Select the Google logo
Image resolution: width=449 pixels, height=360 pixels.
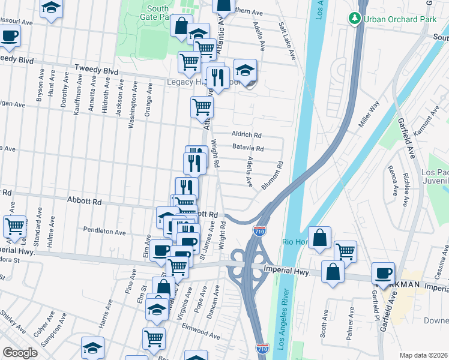20,353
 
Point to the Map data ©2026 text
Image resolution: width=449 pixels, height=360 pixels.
423,355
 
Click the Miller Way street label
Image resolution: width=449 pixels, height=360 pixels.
369,115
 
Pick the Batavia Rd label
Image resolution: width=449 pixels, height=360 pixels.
247,148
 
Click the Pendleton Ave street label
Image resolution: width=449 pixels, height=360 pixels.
104,232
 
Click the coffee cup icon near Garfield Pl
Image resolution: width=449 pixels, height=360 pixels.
384,272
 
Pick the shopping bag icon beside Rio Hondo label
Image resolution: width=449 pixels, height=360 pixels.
320,237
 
